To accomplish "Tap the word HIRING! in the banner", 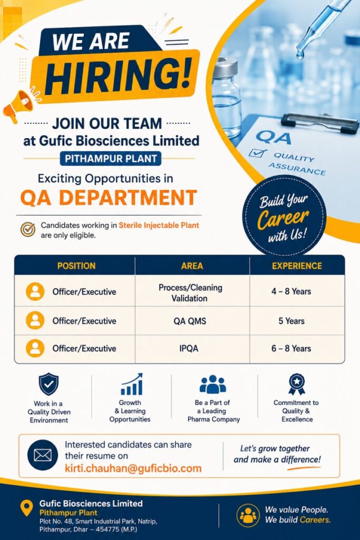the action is (118, 76).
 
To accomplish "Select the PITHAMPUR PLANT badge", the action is (111, 159).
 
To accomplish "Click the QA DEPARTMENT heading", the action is (109, 198).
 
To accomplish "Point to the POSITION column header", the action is (76, 266).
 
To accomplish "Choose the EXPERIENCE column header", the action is (297, 266).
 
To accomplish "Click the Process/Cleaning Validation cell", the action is (190, 293).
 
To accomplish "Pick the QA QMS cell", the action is (190, 321).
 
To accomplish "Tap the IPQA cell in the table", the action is (189, 348).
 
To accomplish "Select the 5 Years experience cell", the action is (291, 321).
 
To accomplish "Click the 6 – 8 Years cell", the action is (291, 348).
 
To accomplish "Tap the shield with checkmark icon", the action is (48, 384).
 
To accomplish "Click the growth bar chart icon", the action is (131, 384).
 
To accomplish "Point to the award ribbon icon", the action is (297, 384).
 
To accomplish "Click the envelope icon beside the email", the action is (43, 455).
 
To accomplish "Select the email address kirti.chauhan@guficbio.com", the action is (133, 468).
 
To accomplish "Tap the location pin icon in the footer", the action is (26, 508).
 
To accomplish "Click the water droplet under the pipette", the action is (300, 54).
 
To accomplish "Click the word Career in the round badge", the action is (283, 218).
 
